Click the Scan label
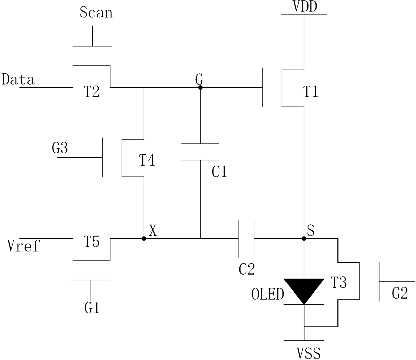coord(96,12)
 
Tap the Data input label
coord(18,79)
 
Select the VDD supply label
coord(305,6)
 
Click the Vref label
coord(23,246)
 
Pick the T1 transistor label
coord(310,91)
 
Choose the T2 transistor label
coord(91,91)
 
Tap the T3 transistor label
coord(339,282)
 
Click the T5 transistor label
coord(91,241)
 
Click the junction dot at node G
coord(200,88)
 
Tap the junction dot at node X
coord(144,239)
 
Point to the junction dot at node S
coord(304,239)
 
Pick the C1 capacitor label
coord(219,172)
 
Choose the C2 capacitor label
coord(247,269)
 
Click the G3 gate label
coord(60,148)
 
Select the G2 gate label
coord(400,293)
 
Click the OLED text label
coord(268,294)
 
